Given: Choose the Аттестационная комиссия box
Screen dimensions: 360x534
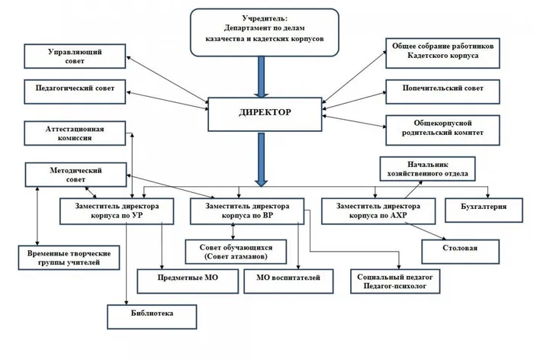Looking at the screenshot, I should (74, 133).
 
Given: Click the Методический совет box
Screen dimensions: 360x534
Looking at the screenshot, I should (74, 175).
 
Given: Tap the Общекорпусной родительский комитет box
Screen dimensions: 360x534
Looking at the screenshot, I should (443, 129).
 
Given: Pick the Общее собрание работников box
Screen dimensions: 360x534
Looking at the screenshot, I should (443, 52).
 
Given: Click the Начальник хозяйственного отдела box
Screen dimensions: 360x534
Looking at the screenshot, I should (428, 168).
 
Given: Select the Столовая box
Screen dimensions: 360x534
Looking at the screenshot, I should (461, 249).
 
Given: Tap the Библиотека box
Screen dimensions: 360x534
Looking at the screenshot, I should (152, 313).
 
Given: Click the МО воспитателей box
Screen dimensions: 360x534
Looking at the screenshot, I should (288, 279).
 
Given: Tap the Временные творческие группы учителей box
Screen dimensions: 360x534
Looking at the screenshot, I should (69, 257).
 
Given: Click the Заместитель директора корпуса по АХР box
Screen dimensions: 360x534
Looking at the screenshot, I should (378, 211).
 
